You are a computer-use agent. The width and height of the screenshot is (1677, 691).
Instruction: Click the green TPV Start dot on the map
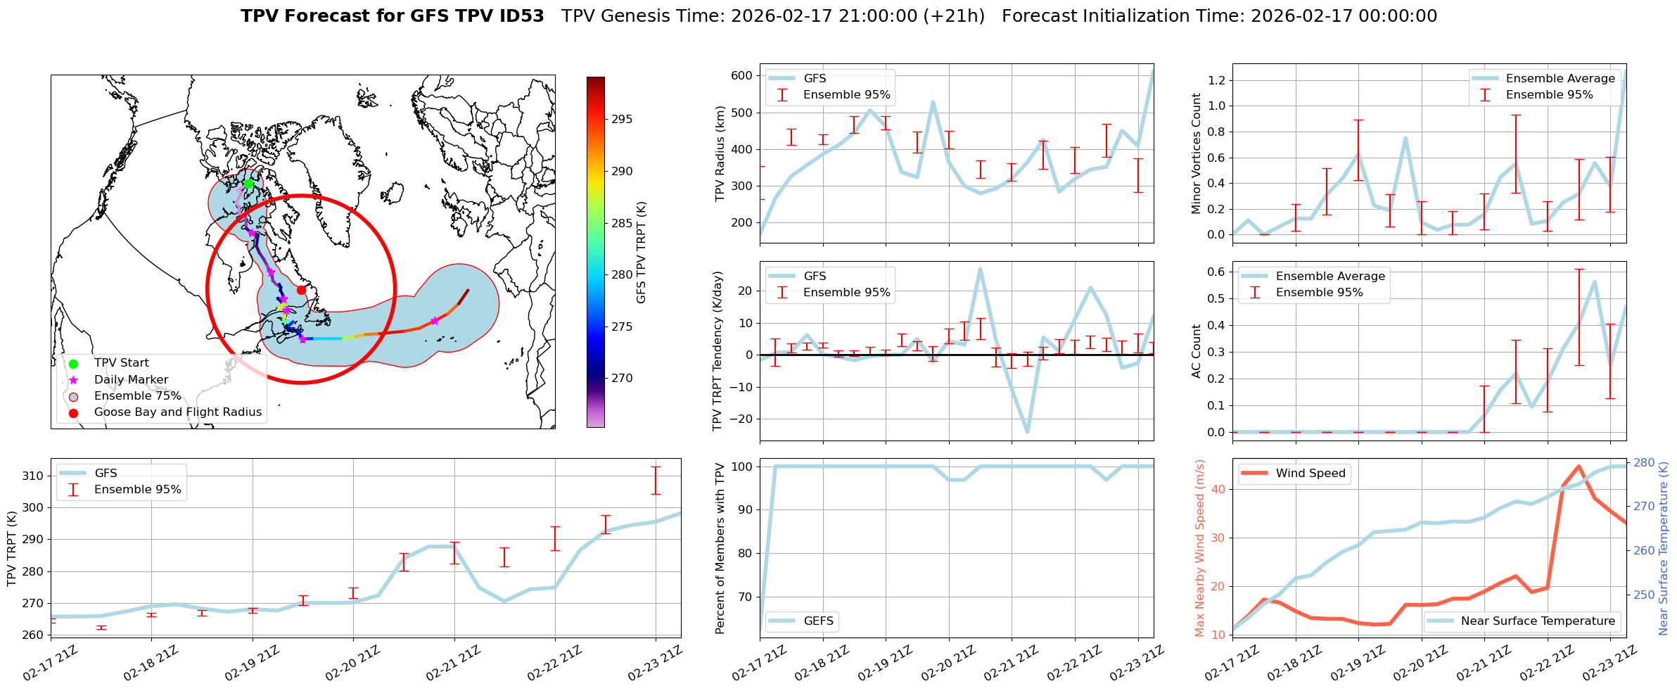pyautogui.click(x=248, y=184)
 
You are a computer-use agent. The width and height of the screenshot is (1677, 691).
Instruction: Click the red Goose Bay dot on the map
pyautogui.click(x=301, y=290)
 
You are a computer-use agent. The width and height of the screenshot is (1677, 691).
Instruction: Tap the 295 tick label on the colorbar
pyautogui.click(x=622, y=119)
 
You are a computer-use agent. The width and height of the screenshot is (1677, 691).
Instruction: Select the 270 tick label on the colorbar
pyautogui.click(x=622, y=378)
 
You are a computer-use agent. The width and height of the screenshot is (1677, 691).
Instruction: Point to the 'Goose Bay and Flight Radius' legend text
pyautogui.click(x=177, y=412)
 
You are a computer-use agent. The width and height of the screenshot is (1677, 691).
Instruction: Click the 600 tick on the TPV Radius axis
pyautogui.click(x=742, y=75)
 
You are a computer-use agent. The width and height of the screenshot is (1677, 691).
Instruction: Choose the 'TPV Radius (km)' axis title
pyautogui.click(x=720, y=153)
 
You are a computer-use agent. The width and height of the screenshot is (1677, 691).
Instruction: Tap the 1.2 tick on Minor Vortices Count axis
pyautogui.click(x=1216, y=80)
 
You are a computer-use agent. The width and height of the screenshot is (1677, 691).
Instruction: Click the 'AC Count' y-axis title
pyautogui.click(x=1197, y=351)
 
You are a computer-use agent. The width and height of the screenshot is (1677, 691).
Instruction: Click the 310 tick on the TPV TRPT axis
pyautogui.click(x=33, y=476)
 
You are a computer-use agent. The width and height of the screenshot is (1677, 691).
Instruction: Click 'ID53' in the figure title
pyautogui.click(x=518, y=16)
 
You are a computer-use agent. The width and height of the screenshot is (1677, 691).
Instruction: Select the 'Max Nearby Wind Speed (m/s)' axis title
pyautogui.click(x=1200, y=548)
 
